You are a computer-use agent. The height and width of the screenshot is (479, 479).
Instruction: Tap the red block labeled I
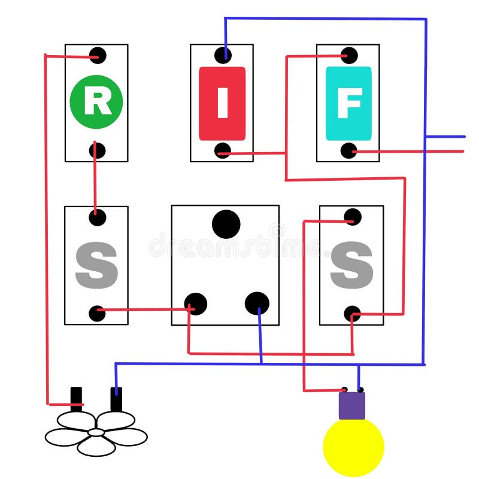click(222, 103)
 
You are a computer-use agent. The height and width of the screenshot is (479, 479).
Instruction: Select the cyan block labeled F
click(348, 103)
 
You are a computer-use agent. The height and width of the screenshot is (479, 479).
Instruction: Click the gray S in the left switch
click(96, 266)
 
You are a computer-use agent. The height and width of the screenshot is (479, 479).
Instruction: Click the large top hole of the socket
click(226, 224)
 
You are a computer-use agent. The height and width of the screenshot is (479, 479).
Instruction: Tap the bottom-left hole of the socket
click(196, 304)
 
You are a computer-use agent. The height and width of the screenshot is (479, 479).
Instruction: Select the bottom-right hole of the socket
click(257, 304)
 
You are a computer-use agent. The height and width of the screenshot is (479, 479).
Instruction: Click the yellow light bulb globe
click(353, 447)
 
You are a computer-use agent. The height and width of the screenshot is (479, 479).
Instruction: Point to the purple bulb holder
click(352, 405)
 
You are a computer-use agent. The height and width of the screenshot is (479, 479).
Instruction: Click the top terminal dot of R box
click(98, 56)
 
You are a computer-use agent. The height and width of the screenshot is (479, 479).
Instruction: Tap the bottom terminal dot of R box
click(97, 150)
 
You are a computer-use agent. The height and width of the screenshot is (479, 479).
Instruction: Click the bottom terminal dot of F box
click(349, 150)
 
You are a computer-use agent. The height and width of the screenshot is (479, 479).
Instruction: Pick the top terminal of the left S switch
click(98, 217)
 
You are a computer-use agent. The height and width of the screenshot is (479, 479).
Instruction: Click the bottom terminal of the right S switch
click(353, 314)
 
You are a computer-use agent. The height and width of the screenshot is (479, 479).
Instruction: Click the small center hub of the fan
click(96, 432)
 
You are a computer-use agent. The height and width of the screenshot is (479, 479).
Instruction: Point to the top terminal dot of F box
click(349, 56)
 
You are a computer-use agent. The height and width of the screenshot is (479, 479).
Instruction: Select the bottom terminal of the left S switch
click(97, 313)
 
